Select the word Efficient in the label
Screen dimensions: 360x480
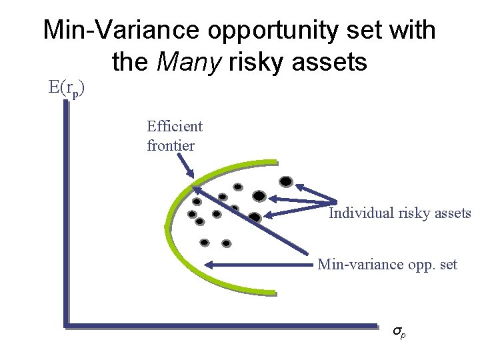click(x=175, y=125)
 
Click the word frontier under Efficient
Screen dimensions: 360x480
click(x=171, y=144)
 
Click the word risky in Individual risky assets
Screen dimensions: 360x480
click(x=413, y=213)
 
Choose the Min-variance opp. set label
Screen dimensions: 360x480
click(x=387, y=265)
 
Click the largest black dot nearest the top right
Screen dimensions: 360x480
click(x=286, y=181)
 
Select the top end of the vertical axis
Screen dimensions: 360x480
click(x=67, y=107)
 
